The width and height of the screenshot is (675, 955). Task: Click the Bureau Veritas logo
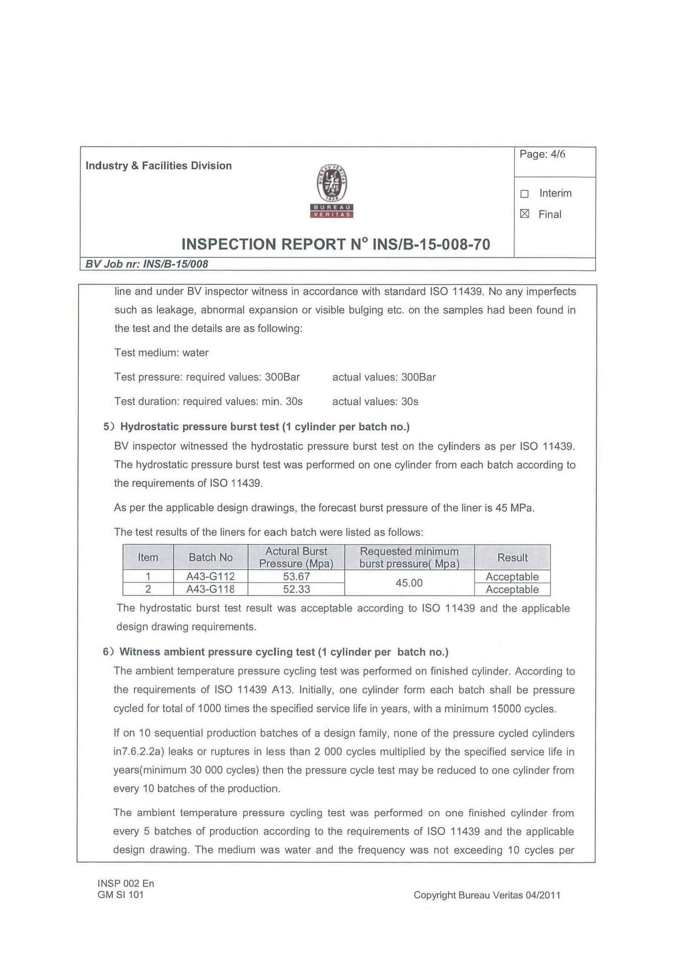[331, 191]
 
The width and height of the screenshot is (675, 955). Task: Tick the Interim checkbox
[524, 194]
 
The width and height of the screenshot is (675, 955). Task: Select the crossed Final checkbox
[524, 214]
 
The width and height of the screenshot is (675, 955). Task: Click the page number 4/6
[542, 154]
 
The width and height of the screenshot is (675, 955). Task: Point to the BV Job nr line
[147, 264]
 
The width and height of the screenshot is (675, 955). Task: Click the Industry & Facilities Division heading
[158, 166]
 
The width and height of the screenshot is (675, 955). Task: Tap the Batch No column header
[210, 557]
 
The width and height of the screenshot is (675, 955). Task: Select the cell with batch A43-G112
[210, 576]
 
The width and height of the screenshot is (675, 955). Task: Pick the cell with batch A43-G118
[210, 589]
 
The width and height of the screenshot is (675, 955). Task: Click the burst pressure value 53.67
[296, 576]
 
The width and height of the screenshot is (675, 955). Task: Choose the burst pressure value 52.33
[296, 589]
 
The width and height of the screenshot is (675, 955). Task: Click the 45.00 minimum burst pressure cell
[409, 583]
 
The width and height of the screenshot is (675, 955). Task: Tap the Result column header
[512, 557]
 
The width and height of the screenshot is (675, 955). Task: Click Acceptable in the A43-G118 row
[512, 589]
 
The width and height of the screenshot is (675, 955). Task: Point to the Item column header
[148, 557]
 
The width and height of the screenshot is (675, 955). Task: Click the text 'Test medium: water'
[161, 353]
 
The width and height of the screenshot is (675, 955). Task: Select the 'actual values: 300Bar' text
[384, 377]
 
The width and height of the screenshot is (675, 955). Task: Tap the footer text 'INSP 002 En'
[125, 883]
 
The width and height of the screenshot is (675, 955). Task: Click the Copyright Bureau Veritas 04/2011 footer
[486, 895]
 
